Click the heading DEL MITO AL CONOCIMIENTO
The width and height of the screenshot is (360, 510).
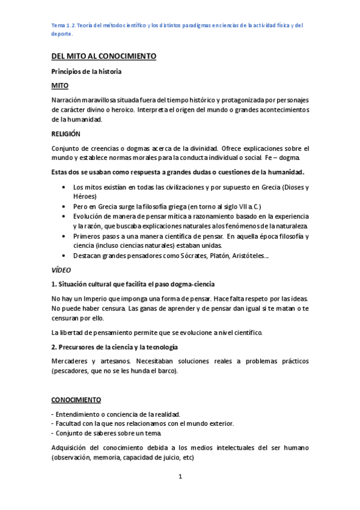pyautogui.click(x=103, y=56)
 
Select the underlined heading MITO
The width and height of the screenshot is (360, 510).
pyautogui.click(x=60, y=85)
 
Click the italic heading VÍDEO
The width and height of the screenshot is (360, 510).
pyautogui.click(x=61, y=270)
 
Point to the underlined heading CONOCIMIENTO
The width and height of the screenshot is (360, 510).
pyautogui.click(x=76, y=399)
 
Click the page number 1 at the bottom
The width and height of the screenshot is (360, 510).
pyautogui.click(x=180, y=478)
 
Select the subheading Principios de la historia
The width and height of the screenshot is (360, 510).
pyautogui.click(x=87, y=72)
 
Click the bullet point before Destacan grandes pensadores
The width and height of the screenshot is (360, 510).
pyautogui.click(x=65, y=256)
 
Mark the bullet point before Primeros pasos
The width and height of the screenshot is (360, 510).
pyautogui.click(x=65, y=236)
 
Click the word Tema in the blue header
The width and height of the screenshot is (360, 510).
pyautogui.click(x=59, y=25)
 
